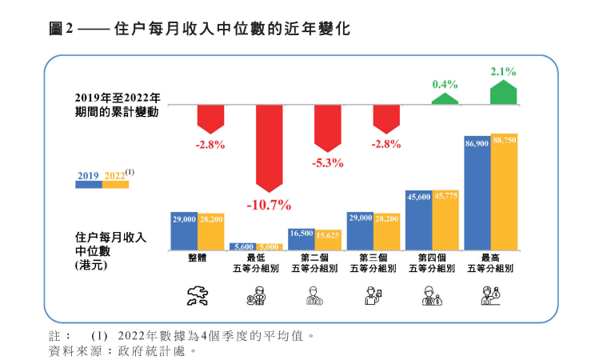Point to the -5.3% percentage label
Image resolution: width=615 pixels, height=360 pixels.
pyautogui.click(x=328, y=162)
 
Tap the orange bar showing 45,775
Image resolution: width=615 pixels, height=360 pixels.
pyautogui.click(x=445, y=221)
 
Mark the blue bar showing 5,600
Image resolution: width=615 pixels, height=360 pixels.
pyautogui.click(x=242, y=247)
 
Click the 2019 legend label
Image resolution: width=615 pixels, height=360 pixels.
pyautogui.click(x=89, y=174)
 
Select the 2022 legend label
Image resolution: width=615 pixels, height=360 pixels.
pyautogui.click(x=114, y=174)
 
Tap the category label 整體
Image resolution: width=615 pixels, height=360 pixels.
pyautogui.click(x=198, y=258)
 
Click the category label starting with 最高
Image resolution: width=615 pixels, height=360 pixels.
pyautogui.click(x=490, y=263)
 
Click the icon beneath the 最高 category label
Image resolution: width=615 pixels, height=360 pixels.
pyautogui.click(x=490, y=296)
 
